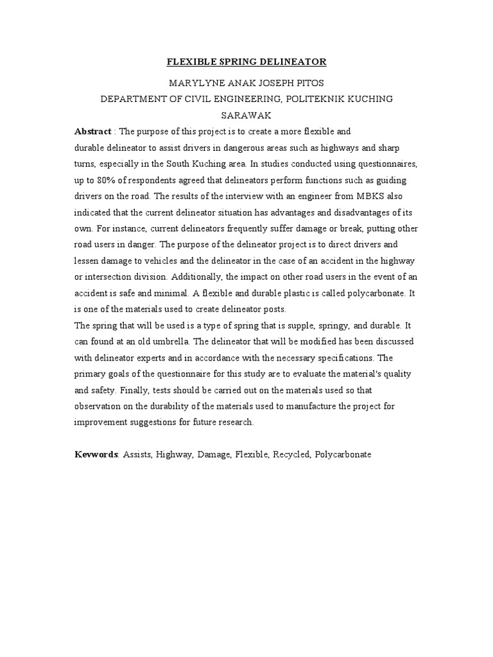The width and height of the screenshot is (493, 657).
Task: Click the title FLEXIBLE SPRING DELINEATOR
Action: (246, 62)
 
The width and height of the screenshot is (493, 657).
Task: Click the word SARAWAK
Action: (246, 115)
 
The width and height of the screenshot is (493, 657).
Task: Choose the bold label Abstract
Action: (93, 132)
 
